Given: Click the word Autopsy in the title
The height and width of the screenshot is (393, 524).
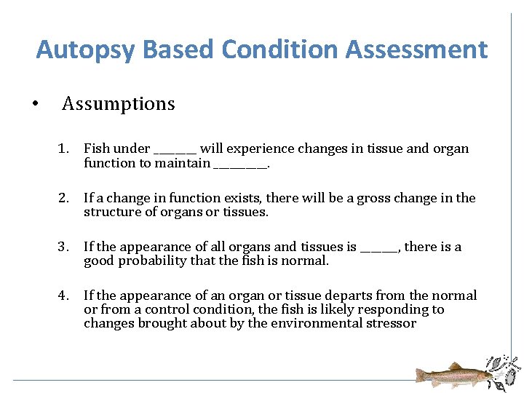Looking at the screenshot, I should (86, 50).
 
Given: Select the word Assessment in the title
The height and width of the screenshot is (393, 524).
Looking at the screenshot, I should (417, 50).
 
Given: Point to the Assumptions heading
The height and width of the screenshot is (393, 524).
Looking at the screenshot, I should (119, 104).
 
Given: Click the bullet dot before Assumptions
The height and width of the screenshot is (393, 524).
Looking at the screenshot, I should (36, 104).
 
